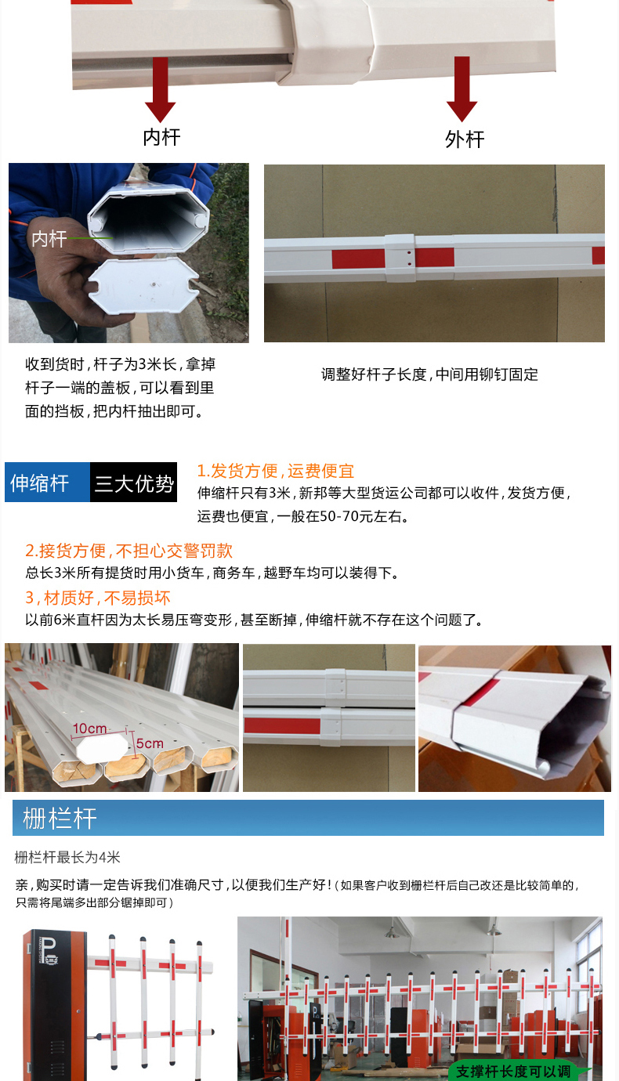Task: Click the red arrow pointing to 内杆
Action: click(161, 89)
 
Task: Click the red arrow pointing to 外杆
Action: click(462, 89)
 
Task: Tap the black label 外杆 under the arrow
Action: click(465, 139)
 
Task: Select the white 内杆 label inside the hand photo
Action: click(49, 238)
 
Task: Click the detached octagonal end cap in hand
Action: click(144, 284)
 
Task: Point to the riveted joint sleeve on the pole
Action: click(400, 258)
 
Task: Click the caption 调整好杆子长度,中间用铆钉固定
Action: click(429, 374)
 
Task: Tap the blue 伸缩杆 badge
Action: click(47, 482)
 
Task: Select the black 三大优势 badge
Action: click(134, 482)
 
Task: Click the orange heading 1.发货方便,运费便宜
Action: click(276, 471)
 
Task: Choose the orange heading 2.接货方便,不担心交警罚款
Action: click(129, 551)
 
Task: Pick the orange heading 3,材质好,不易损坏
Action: click(97, 598)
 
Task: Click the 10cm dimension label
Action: click(90, 728)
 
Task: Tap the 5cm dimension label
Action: click(150, 743)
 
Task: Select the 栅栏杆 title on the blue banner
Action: click(60, 819)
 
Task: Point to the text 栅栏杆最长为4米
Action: click(67, 857)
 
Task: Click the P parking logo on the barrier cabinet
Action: click(49, 950)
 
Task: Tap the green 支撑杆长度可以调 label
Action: click(514, 1071)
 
